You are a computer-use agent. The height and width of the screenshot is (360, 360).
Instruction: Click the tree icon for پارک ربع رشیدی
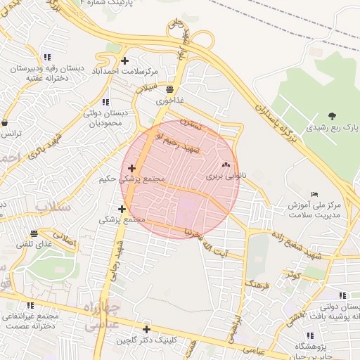click(332, 116)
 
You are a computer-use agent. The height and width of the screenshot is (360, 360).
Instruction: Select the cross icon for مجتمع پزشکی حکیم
click(131, 167)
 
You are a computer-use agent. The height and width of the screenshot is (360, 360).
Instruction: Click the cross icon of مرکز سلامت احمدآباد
click(125, 60)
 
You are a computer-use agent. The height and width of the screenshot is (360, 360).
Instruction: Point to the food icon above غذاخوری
click(169, 89)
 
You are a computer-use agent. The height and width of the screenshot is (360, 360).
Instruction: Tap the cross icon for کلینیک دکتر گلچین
click(146, 329)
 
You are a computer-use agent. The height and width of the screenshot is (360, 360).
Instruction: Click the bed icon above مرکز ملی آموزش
click(314, 194)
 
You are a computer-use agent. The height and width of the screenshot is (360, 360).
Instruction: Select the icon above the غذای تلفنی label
click(34, 233)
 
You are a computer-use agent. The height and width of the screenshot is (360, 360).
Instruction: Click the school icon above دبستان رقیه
click(46, 58)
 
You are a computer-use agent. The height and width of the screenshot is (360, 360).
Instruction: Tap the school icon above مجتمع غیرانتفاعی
click(30, 305)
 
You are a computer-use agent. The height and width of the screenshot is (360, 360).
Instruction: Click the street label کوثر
click(293, 275)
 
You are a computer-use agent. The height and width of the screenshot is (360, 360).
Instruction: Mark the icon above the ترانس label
click(6, 122)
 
